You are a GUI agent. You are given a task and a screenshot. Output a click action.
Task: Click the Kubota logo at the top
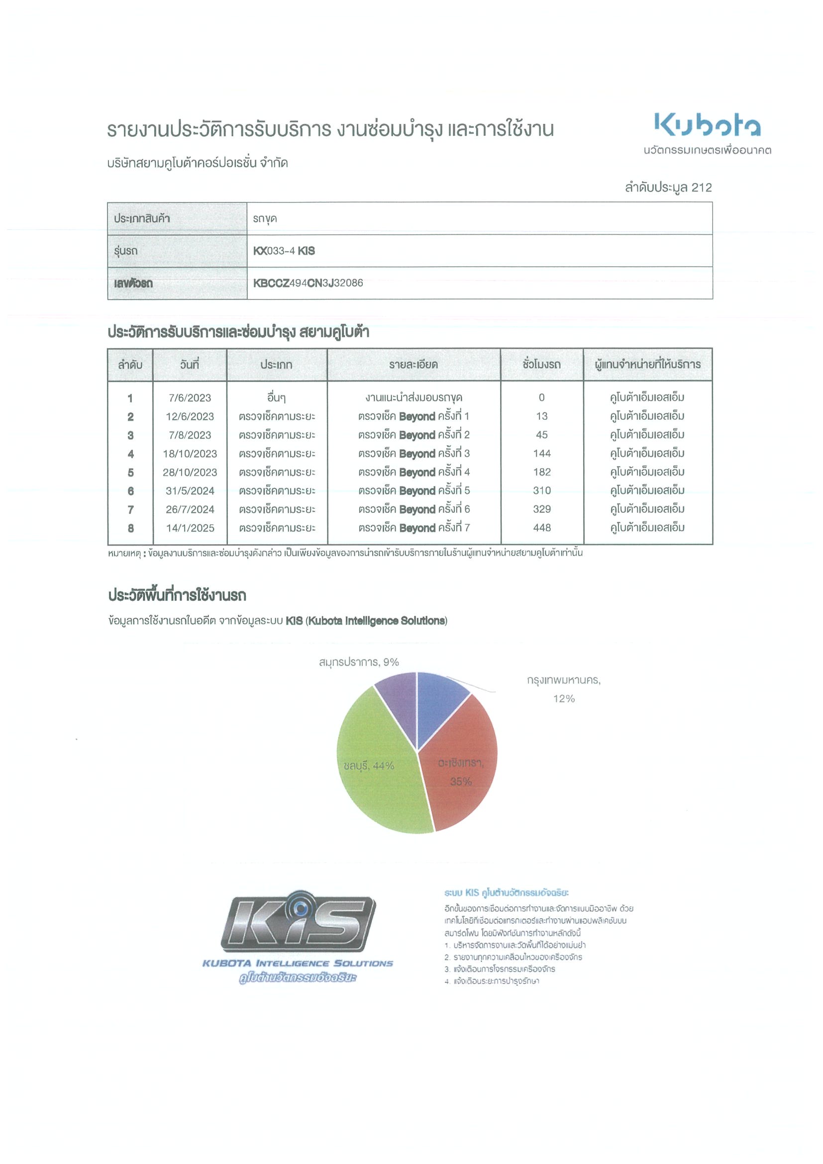tap(707, 125)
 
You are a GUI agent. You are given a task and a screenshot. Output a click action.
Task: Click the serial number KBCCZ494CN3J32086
tap(308, 283)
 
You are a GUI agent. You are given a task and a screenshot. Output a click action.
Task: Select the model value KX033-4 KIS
tap(284, 250)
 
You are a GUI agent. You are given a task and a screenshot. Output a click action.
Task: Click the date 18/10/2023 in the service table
tap(190, 454)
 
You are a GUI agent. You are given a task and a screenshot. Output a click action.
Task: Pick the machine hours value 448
tap(541, 528)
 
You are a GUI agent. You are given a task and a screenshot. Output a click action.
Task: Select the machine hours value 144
tap(541, 454)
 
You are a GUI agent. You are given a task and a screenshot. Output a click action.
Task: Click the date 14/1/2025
tap(190, 528)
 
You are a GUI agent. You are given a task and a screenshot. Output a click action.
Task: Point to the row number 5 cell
tap(130, 473)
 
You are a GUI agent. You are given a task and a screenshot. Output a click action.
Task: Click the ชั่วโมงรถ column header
tap(541, 365)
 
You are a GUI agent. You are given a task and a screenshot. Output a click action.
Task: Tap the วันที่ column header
tap(190, 365)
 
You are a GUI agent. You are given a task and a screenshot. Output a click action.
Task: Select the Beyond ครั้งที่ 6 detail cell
tap(414, 509)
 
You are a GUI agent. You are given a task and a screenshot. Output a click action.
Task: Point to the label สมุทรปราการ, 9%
tap(359, 662)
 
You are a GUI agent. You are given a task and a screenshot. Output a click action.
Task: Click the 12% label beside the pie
tap(563, 698)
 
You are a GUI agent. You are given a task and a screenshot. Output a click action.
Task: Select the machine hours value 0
tap(541, 397)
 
